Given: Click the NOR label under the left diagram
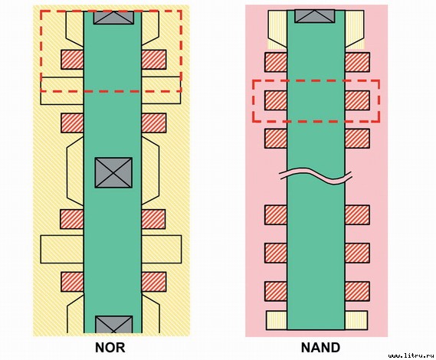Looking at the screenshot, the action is [110, 348].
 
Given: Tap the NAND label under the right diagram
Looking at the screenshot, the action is [320, 348].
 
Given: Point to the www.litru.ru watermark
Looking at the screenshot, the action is [411, 355].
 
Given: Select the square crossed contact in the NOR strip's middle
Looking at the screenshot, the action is [113, 172].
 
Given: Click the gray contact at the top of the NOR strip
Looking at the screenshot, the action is [113, 18].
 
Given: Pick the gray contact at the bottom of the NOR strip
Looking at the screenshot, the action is [113, 324].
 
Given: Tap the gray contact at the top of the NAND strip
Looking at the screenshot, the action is [315, 16].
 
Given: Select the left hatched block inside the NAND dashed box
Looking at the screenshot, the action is [276, 100].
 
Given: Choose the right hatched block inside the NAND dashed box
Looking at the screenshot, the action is [357, 100].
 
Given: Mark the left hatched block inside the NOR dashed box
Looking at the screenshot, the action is [72, 60].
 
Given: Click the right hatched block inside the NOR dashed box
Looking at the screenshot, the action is [154, 60].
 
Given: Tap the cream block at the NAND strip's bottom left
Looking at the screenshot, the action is [277, 320].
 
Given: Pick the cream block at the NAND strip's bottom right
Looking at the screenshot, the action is [356, 320].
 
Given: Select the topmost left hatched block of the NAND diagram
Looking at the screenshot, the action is [276, 62].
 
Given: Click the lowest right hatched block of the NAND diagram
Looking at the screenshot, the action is [357, 291].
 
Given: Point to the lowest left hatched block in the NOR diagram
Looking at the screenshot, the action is [72, 282].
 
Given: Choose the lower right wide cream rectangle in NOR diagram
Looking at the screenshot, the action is [162, 249].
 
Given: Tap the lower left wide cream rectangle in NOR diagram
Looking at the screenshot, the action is [62, 249].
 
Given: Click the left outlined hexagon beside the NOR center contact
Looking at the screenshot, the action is [75, 172].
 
